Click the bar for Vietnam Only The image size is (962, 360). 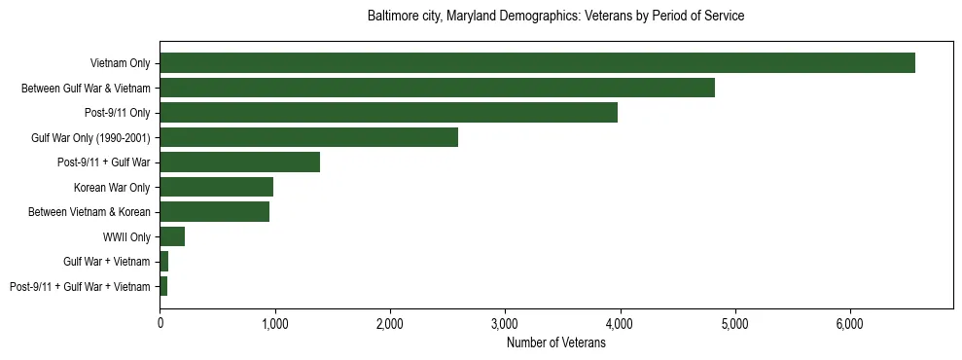[x=537, y=63]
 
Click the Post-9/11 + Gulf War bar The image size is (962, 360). [x=239, y=162]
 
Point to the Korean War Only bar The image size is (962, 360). [x=216, y=187]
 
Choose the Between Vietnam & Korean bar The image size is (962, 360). [x=214, y=212]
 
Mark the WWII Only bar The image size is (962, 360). [x=172, y=236]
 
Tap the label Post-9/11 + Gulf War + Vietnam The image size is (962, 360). [x=80, y=287]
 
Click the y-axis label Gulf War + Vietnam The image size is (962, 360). [x=107, y=262]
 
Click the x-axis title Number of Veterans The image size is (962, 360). [x=555, y=343]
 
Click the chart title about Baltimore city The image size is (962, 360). [x=555, y=17]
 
